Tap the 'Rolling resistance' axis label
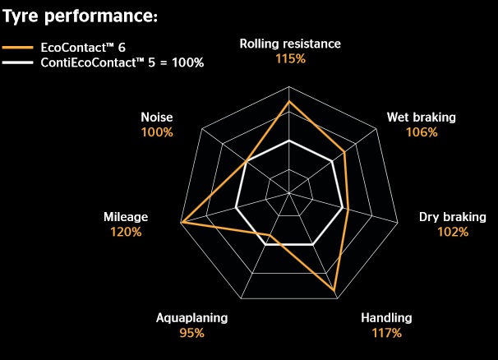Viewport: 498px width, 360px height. (289, 44)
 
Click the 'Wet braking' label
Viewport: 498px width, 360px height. (421, 118)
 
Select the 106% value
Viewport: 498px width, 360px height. (422, 132)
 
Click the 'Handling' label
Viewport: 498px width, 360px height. (386, 318)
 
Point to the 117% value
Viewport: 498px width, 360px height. (386, 333)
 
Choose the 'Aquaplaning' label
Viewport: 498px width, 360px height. (191, 318)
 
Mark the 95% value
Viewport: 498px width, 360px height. (191, 333)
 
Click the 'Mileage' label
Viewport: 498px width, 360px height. (126, 217)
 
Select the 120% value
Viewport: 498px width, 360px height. (126, 232)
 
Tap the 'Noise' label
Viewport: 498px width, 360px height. (156, 118)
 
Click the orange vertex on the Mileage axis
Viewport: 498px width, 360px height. (182, 223)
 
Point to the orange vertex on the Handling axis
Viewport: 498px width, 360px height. (335, 293)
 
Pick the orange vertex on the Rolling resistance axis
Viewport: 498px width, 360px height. (289, 102)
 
